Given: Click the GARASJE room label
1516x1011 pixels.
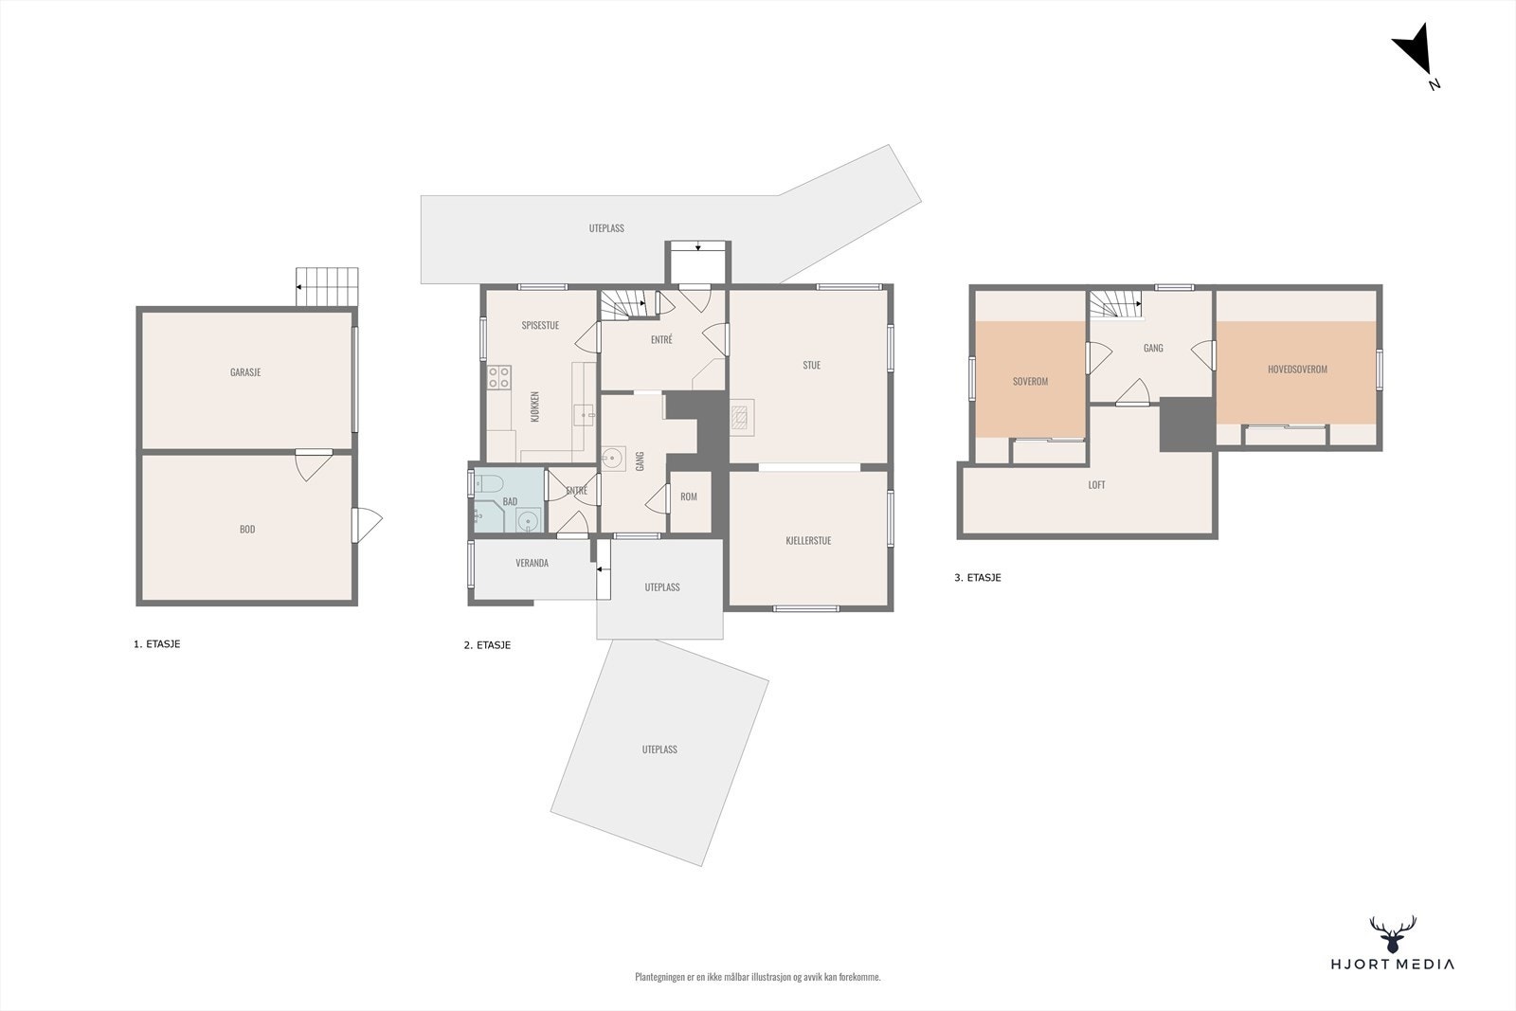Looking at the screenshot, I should pyautogui.click(x=245, y=372).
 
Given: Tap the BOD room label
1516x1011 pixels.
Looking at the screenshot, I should pyautogui.click(x=247, y=530).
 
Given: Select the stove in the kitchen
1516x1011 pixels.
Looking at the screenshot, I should pyautogui.click(x=499, y=378).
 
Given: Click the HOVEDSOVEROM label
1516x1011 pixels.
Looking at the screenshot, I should pyautogui.click(x=1297, y=370).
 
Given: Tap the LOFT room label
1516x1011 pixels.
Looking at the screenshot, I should pyautogui.click(x=1096, y=485).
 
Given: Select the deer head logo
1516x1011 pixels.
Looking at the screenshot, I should pyautogui.click(x=1393, y=934).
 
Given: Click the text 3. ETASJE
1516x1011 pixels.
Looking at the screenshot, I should pyautogui.click(x=978, y=577).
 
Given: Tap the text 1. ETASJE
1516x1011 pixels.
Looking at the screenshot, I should pyautogui.click(x=156, y=644).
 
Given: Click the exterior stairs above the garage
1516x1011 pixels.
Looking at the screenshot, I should pyautogui.click(x=328, y=286).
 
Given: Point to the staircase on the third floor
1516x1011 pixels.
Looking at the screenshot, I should pyautogui.click(x=1114, y=305).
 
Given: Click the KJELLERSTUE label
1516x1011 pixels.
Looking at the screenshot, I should pyautogui.click(x=808, y=541).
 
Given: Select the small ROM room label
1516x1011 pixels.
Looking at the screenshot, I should pyautogui.click(x=689, y=496).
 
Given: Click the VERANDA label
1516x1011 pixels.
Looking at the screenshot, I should pyautogui.click(x=532, y=563).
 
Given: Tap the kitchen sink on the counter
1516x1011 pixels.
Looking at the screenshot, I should pyautogui.click(x=585, y=413).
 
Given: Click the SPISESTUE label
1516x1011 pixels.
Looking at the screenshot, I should pyautogui.click(x=540, y=326).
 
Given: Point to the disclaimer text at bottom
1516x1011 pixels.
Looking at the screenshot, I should pyautogui.click(x=757, y=977).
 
